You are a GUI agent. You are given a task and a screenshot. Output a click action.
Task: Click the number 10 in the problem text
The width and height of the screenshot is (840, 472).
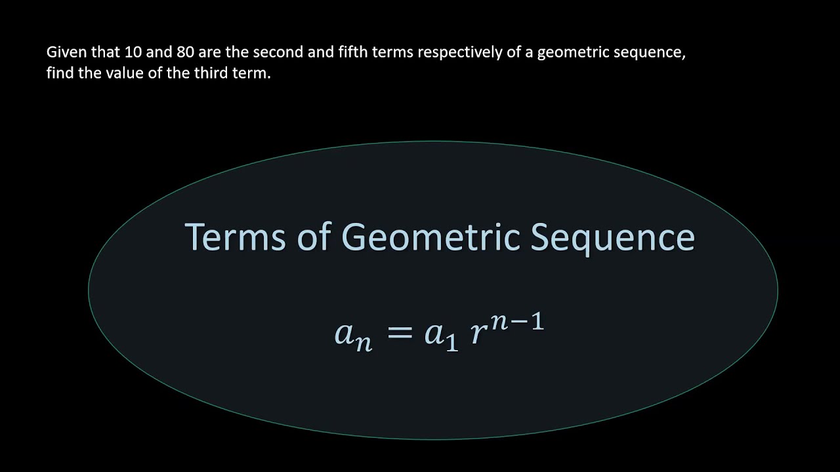pyautogui.click(x=133, y=52)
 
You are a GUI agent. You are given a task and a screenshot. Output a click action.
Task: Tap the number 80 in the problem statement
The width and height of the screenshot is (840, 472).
pyautogui.click(x=186, y=52)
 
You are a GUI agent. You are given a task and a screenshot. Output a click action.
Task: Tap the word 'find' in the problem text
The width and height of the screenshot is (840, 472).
pyautogui.click(x=58, y=73)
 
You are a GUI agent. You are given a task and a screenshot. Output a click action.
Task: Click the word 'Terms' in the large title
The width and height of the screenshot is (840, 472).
pyautogui.click(x=234, y=237)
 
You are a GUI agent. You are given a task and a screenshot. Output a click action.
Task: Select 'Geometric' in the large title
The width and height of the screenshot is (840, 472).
pyautogui.click(x=431, y=237)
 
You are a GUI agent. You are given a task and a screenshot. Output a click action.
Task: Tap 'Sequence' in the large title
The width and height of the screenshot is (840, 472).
pyautogui.click(x=612, y=238)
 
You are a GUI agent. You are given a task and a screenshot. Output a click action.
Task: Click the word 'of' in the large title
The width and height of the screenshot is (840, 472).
pyautogui.click(x=313, y=237)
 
